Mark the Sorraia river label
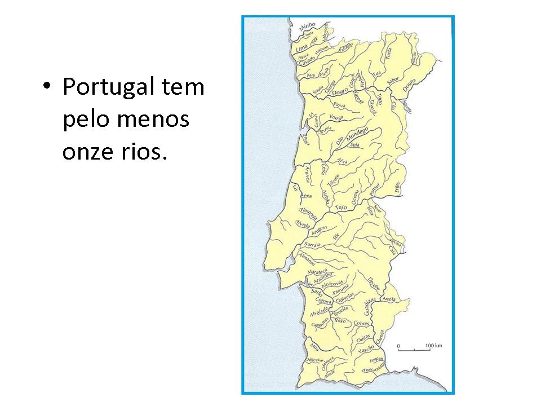312,245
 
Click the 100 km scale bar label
432,344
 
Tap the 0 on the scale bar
398,344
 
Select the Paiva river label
339,105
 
